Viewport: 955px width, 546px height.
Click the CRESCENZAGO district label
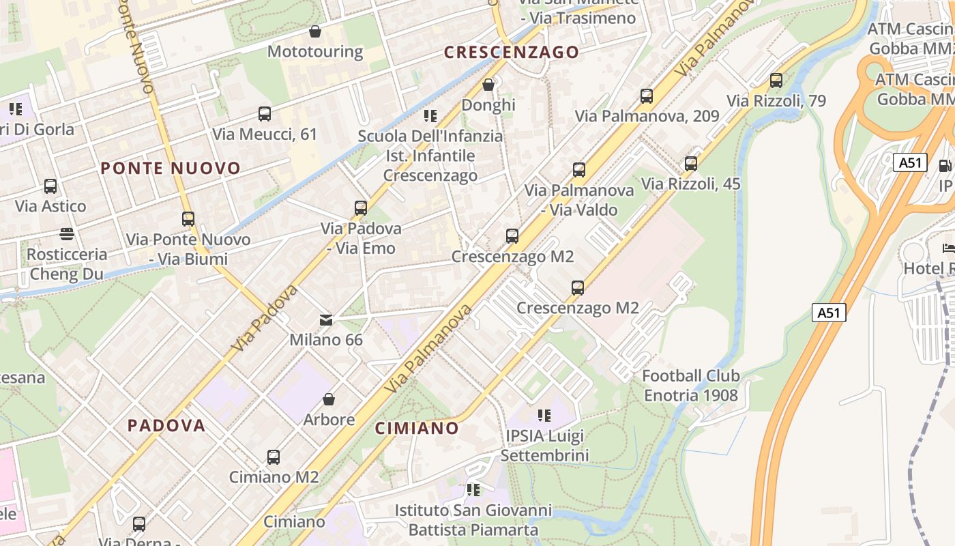pos(511,52)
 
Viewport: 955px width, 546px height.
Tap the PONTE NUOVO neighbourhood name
pos(171,168)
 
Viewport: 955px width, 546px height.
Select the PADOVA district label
pos(166,425)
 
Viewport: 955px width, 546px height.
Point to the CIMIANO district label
pos(417,428)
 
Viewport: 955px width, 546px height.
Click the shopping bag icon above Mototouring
pos(315,31)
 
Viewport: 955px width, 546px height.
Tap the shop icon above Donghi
pos(488,85)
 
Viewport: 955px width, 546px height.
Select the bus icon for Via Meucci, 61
pos(265,114)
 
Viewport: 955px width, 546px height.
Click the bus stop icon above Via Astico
pos(50,186)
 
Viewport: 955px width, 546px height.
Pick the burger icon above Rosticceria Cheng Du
pos(67,234)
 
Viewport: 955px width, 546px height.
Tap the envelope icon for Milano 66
pos(326,319)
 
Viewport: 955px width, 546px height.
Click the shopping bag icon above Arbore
pos(329,399)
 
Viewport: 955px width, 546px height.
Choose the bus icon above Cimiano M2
pos(274,457)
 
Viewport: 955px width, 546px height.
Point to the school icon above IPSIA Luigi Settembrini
pos(544,415)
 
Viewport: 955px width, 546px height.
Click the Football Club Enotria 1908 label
pos(691,386)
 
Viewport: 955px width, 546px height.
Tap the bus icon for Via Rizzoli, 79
pos(776,81)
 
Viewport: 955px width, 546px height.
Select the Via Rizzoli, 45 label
pos(690,184)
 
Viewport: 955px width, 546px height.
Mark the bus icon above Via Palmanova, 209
pos(647,96)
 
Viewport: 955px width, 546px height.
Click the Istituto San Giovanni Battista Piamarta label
pos(473,520)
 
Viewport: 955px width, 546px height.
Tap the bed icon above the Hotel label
pos(948,248)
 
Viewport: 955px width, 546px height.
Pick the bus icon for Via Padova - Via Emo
pos(361,208)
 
